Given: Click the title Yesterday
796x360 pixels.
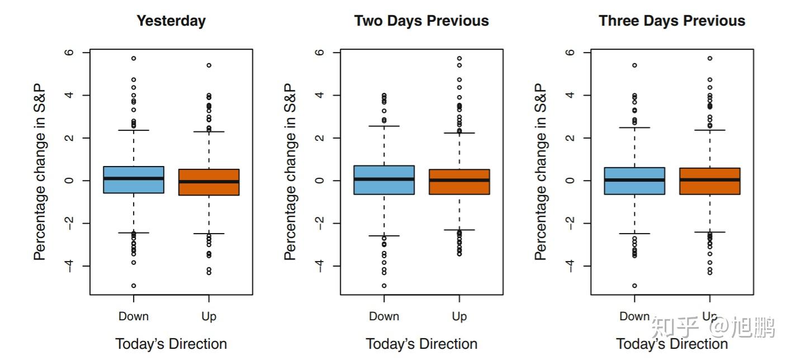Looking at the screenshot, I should coord(171,21).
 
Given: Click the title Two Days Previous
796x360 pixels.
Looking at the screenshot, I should coord(421,21).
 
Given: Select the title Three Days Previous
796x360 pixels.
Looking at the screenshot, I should coord(672,21).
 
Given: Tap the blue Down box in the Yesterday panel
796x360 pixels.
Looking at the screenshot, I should coord(134,180).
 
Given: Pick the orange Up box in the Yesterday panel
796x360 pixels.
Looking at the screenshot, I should coord(209,182).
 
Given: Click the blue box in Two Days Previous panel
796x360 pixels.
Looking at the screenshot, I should coord(384,180).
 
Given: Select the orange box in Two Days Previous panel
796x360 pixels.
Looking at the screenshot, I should coord(459,182).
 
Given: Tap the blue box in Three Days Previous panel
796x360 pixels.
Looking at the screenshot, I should coord(634,181).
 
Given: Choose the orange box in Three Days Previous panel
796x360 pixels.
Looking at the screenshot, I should coord(710,181).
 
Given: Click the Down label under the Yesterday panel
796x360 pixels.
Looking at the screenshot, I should coord(134,316).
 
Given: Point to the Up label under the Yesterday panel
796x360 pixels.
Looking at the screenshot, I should coord(209,317).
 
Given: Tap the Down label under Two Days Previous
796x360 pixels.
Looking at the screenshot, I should coord(384,316).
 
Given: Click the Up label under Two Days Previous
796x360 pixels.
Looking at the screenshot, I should coord(459,317).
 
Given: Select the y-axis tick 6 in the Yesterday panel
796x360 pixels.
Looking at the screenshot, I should coord(70,53).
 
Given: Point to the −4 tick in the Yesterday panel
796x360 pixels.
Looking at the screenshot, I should coord(70,266).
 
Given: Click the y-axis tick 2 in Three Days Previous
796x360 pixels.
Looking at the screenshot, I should coord(571,138).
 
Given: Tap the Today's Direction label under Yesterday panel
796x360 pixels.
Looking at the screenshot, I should coord(171,344).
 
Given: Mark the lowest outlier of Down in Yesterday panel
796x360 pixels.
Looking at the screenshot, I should coord(134,286).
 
